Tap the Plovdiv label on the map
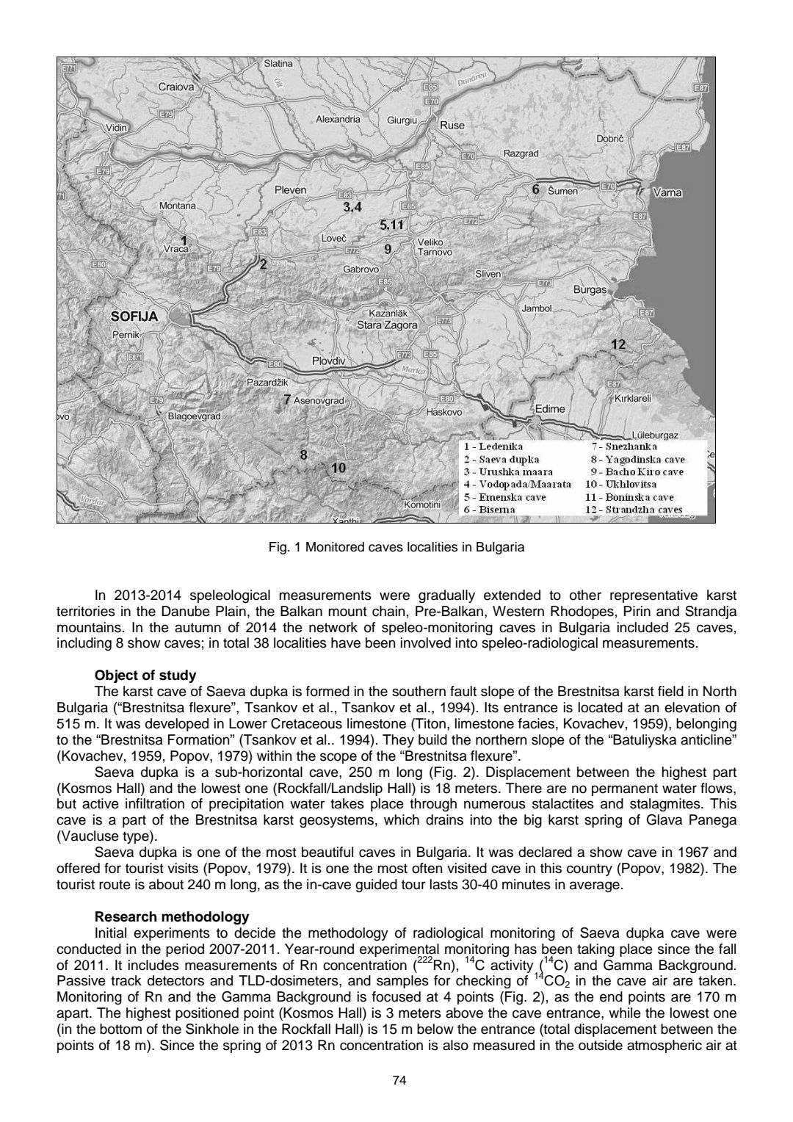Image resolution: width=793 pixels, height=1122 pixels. coord(328,361)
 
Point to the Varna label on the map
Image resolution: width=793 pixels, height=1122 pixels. coord(667,193)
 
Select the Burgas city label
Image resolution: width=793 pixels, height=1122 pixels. coord(590,290)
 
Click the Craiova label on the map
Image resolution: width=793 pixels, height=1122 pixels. coord(177,87)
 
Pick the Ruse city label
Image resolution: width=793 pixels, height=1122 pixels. coord(452,126)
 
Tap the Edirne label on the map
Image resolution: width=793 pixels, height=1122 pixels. coord(549,408)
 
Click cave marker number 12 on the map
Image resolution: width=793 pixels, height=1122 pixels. coord(618,344)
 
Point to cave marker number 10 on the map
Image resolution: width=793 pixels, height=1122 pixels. coord(338,467)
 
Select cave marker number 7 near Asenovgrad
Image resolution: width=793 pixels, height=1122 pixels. coord(288,400)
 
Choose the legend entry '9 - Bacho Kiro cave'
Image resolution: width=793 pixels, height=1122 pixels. coord(637,471)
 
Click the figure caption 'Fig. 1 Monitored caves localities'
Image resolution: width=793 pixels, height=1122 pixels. coord(396,548)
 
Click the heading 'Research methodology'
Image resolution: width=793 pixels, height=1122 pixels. coord(172,916)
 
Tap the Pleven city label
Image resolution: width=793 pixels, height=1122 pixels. coord(290,190)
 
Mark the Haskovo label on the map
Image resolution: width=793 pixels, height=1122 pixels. coord(444,412)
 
